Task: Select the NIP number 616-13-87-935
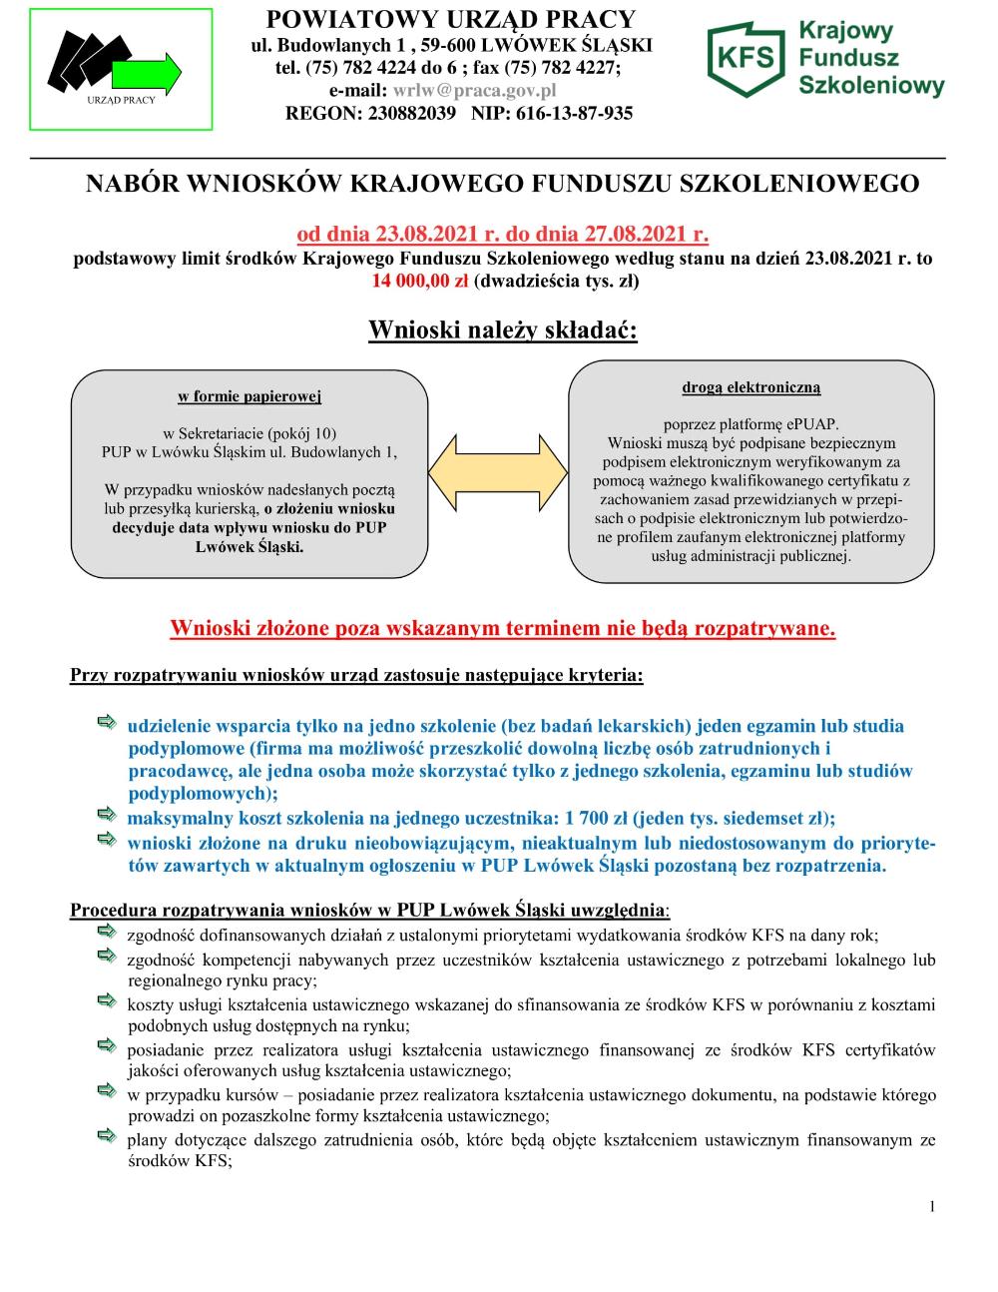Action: pos(574,113)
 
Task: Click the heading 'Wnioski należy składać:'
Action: pos(502,329)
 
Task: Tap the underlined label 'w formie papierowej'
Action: pos(249,396)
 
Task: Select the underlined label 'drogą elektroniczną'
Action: pos(751,386)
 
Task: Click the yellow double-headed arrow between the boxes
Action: pos(499,474)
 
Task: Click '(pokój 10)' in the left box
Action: pos(301,432)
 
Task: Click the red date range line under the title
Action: pos(502,236)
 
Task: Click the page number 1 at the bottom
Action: pos(932,1207)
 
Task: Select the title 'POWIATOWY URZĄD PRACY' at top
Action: pos(451,19)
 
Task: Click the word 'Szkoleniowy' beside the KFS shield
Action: pos(871,87)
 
